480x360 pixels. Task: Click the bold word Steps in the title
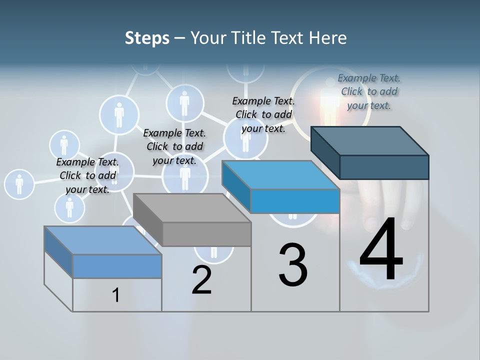pyautogui.click(x=147, y=38)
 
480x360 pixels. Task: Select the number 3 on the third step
pyautogui.click(x=293, y=265)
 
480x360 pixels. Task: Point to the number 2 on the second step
pyautogui.click(x=202, y=280)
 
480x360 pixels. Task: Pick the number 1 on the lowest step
pyautogui.click(x=116, y=295)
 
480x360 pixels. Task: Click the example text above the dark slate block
pyautogui.click(x=369, y=91)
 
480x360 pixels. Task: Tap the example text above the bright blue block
pyautogui.click(x=263, y=114)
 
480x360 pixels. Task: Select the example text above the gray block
pyautogui.click(x=174, y=146)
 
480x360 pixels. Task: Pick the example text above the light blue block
pyautogui.click(x=87, y=175)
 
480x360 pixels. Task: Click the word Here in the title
pyautogui.click(x=328, y=38)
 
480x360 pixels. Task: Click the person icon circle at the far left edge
pyautogui.click(x=19, y=184)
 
